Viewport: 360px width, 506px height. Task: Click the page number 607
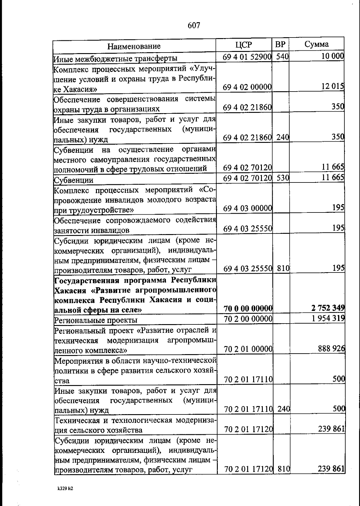(194, 26)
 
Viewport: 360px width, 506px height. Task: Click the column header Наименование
(134, 46)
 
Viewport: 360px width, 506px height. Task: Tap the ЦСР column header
(244, 45)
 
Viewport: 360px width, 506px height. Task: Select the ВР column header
(280, 44)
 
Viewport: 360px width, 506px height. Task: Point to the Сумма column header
(316, 44)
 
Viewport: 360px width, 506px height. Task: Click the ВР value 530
(282, 178)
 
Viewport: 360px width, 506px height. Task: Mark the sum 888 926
(331, 348)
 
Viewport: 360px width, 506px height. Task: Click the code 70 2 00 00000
(248, 318)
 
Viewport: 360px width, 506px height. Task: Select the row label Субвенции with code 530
(73, 180)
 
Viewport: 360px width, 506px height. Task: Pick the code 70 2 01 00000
(248, 349)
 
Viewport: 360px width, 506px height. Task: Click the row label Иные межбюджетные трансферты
(115, 58)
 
